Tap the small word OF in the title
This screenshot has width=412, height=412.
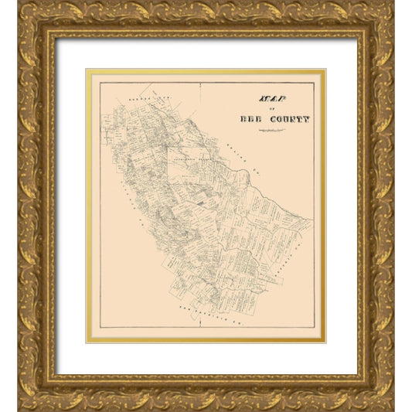coord(265,110)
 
